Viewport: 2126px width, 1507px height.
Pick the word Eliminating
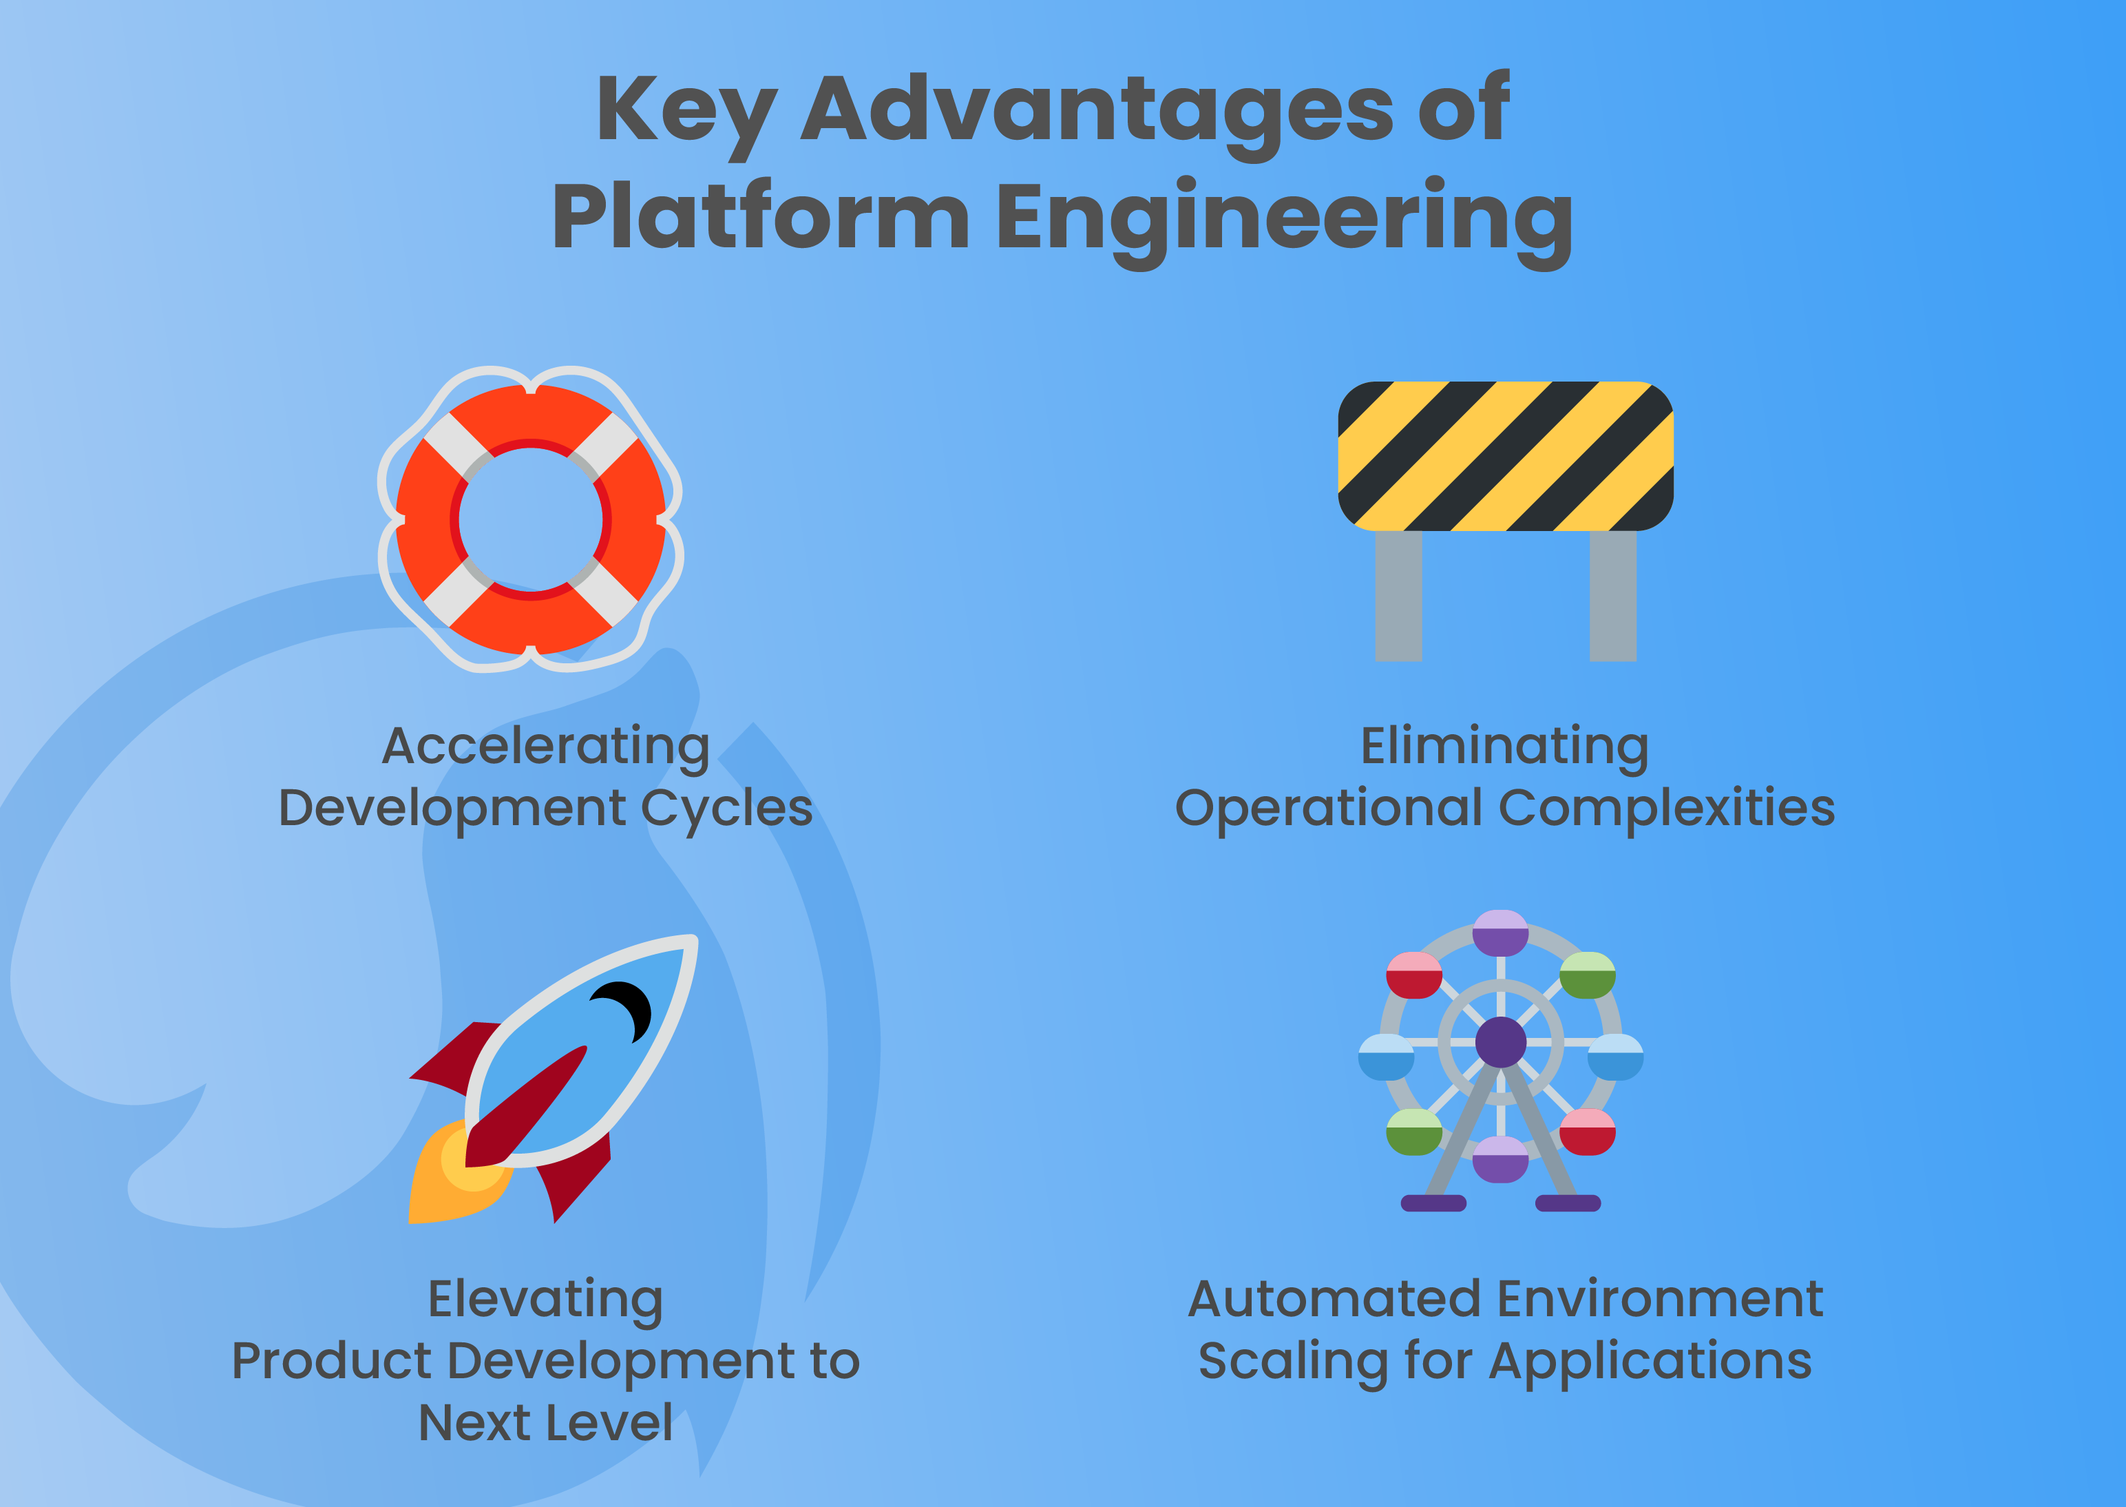click(1504, 747)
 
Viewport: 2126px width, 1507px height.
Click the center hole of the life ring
click(531, 519)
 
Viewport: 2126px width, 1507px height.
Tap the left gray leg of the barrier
click(1398, 596)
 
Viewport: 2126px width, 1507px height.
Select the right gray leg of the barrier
click(1612, 596)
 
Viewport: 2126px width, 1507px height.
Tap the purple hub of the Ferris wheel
click(1500, 1042)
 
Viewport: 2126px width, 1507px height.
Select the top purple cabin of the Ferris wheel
click(1500, 933)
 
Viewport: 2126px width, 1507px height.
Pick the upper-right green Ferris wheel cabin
click(1587, 976)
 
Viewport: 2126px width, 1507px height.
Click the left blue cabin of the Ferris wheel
click(1386, 1058)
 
